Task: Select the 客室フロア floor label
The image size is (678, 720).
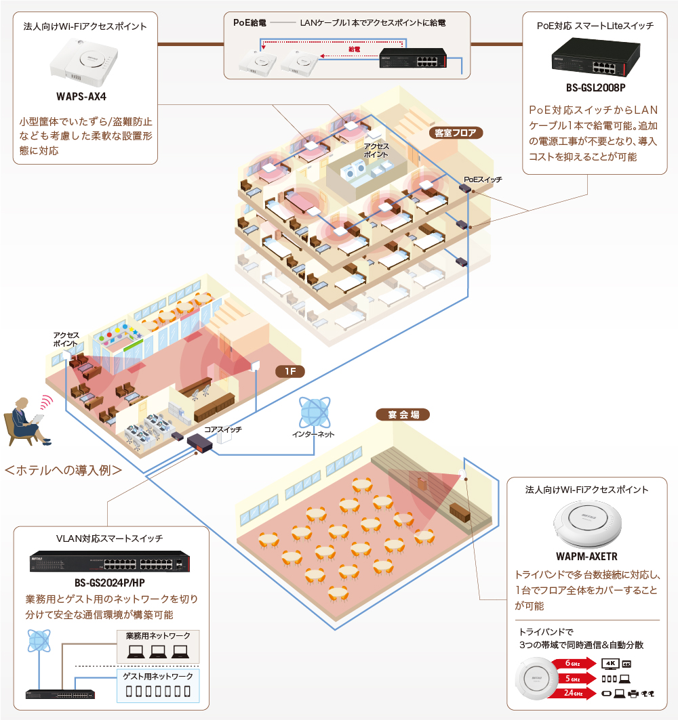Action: click(x=456, y=133)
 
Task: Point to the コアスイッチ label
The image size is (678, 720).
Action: click(x=223, y=429)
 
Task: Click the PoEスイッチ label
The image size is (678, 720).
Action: click(x=483, y=179)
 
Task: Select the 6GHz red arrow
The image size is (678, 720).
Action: click(x=572, y=663)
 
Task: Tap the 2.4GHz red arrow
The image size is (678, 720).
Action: click(x=572, y=693)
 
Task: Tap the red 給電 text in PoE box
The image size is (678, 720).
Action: click(x=354, y=49)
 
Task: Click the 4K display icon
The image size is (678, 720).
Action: click(x=610, y=662)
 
